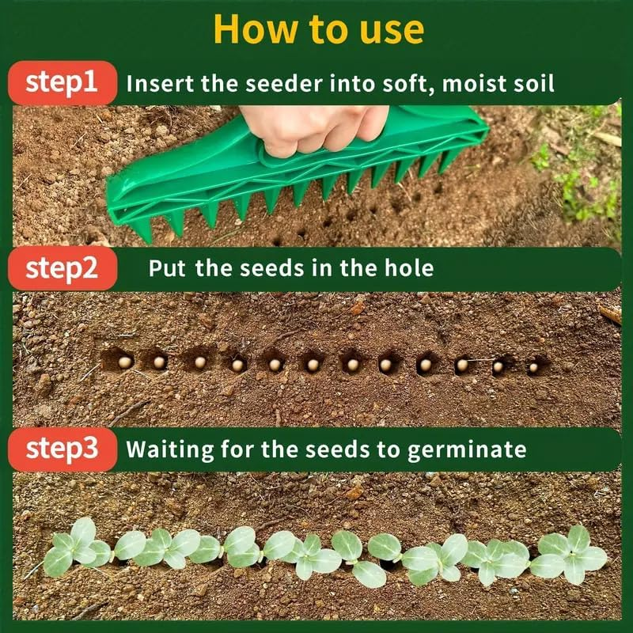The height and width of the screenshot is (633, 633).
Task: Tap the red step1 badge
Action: tap(62, 82)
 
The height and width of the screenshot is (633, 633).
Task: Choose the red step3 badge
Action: tap(62, 449)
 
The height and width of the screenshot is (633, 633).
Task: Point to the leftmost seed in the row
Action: tap(125, 362)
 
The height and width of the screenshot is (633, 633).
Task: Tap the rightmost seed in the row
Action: tap(533, 367)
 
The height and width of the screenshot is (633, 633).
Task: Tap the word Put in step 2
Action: tap(167, 269)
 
